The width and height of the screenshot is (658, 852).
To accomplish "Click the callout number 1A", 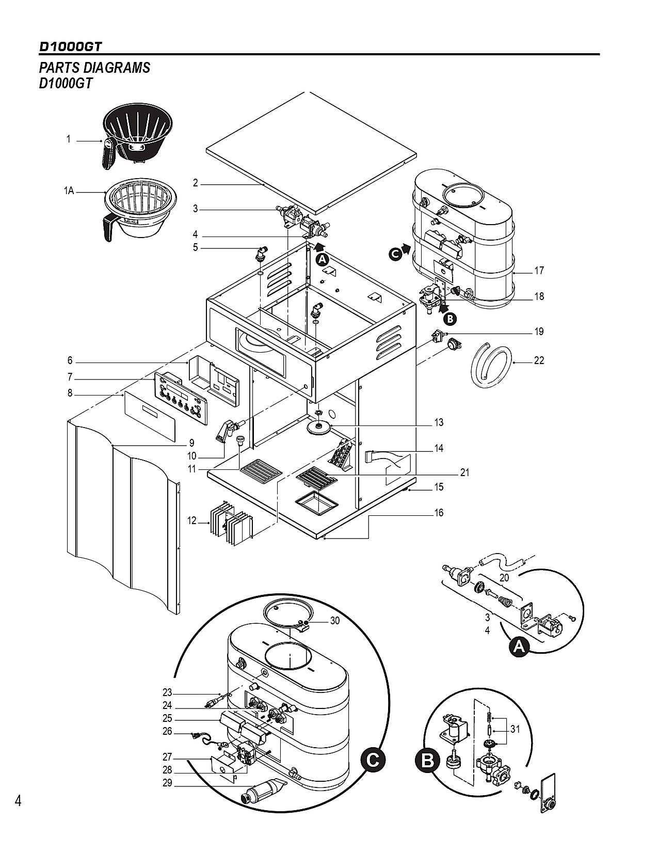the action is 69,191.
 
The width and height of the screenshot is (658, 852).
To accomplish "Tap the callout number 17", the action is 539,271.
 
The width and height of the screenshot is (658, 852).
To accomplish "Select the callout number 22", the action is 539,360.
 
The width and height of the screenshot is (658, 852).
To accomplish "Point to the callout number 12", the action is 191,520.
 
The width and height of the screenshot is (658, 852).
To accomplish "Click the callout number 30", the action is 335,621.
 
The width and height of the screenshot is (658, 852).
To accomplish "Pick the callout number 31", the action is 515,729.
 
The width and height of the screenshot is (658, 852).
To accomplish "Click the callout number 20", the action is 504,577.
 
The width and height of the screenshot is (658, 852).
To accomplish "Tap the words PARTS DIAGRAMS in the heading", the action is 94,68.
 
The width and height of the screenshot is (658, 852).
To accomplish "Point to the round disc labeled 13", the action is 319,428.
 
